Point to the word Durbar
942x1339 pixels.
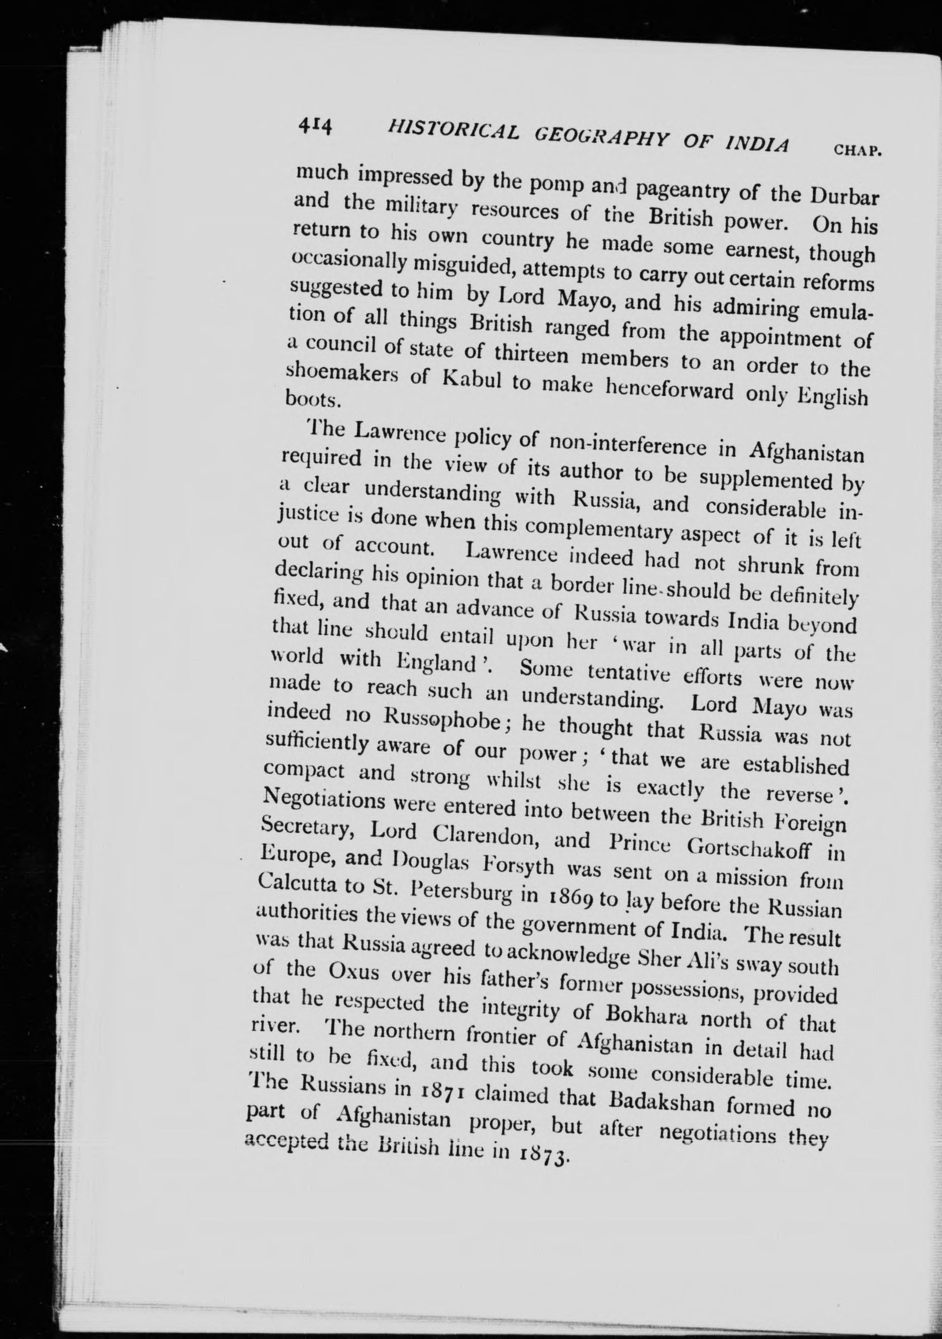point(845,195)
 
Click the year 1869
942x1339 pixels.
point(564,894)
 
